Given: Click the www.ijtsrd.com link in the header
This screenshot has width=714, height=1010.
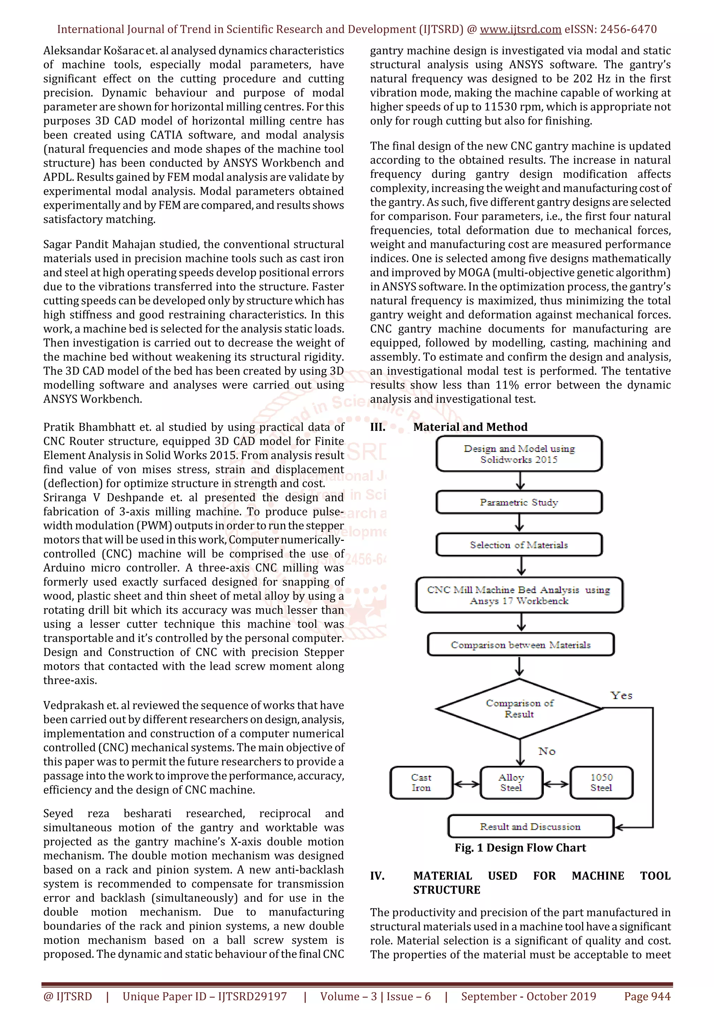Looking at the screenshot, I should pyautogui.click(x=520, y=30).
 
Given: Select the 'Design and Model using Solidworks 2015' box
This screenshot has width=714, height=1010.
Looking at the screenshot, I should pyautogui.click(x=519, y=453).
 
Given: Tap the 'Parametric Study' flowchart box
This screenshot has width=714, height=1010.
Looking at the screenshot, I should pyautogui.click(x=519, y=502).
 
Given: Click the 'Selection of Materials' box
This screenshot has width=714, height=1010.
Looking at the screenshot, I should pyautogui.click(x=519, y=545).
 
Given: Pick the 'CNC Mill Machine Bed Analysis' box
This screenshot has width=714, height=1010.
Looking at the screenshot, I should pyautogui.click(x=519, y=595).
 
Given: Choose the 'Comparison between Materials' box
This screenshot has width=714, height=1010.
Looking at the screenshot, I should pyautogui.click(x=521, y=644).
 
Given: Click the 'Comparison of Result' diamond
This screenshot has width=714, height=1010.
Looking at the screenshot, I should pyautogui.click(x=519, y=708).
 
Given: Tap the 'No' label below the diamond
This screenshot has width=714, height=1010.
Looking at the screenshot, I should pyautogui.click(x=547, y=751).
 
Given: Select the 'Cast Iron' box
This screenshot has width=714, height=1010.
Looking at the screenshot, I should pyautogui.click(x=421, y=782).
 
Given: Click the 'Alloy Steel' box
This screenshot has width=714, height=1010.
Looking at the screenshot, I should pyautogui.click(x=511, y=782).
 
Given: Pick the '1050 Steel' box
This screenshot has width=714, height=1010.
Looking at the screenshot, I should pyautogui.click(x=601, y=782).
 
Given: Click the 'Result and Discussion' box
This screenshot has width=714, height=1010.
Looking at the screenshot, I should pyautogui.click(x=530, y=827).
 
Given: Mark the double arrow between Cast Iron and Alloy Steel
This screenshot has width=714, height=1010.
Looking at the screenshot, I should pyautogui.click(x=466, y=783).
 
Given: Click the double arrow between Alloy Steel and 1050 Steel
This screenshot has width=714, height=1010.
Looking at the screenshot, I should pyautogui.click(x=556, y=783).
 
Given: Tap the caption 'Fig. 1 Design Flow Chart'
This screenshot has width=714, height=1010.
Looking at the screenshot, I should pyautogui.click(x=521, y=848).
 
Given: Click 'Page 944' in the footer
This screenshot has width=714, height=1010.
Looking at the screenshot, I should pyautogui.click(x=647, y=996).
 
